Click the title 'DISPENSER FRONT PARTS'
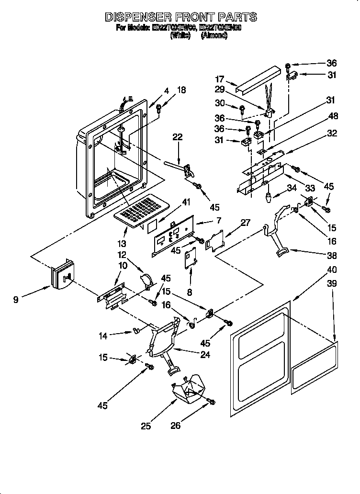(x=180, y=17)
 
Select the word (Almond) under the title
(x=214, y=35)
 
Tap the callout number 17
(x=220, y=80)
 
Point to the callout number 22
(x=178, y=137)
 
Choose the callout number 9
(x=17, y=300)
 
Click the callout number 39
(x=332, y=284)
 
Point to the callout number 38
(x=332, y=255)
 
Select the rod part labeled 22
(x=175, y=165)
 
